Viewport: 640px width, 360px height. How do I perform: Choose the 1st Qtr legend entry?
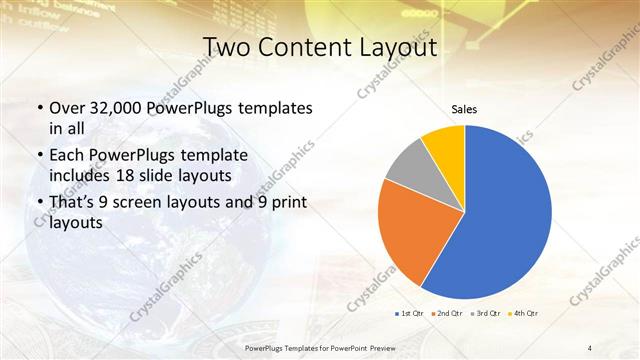coord(410,314)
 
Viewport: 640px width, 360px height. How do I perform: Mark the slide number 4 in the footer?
coord(590,347)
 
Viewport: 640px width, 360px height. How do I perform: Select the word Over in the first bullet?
coord(66,107)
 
